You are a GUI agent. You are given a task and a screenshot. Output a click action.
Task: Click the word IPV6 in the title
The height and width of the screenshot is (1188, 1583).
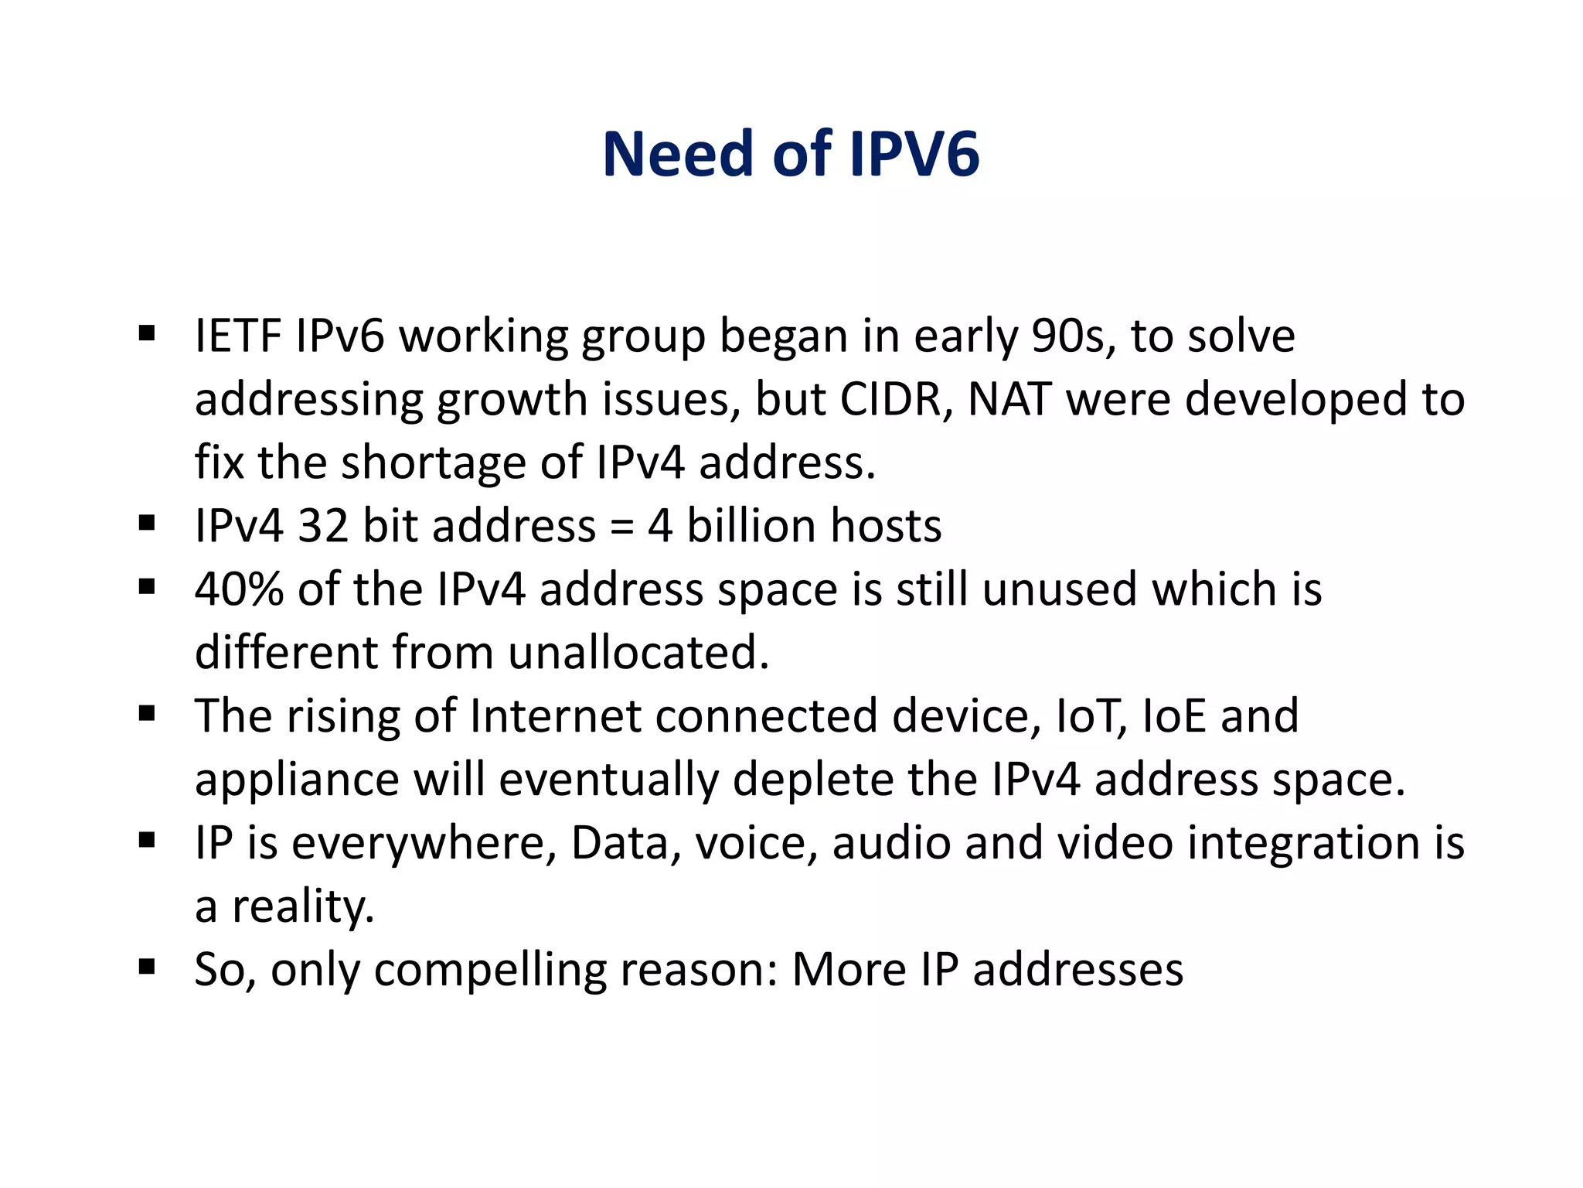tap(914, 154)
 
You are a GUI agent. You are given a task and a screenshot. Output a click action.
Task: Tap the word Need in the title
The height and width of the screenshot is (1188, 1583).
tap(678, 154)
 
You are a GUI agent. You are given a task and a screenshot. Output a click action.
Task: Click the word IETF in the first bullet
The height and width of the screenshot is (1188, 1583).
tap(238, 336)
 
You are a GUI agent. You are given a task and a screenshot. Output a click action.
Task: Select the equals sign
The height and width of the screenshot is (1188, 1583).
tap(621, 527)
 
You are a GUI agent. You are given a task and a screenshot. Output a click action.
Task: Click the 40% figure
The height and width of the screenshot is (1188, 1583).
tap(239, 589)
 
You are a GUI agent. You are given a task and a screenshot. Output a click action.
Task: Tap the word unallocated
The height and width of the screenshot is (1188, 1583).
tap(638, 653)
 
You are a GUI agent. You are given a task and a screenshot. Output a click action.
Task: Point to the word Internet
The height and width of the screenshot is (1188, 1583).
tap(555, 716)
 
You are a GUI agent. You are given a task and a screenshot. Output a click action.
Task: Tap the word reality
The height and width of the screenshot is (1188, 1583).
tap(303, 906)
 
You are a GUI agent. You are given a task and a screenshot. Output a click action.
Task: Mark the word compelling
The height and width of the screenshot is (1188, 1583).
tap(490, 970)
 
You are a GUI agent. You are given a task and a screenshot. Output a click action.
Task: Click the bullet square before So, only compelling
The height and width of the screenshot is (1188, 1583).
tap(147, 967)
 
